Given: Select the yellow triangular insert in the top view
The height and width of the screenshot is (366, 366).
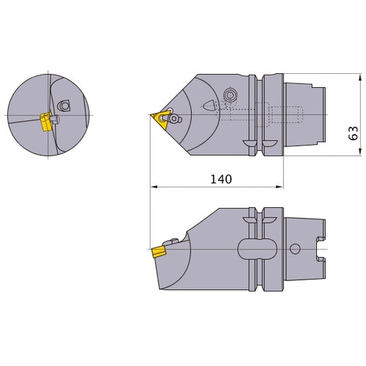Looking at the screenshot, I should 158,116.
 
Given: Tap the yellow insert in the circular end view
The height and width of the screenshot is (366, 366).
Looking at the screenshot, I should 45,122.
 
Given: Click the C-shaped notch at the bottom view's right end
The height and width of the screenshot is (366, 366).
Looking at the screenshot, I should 319,249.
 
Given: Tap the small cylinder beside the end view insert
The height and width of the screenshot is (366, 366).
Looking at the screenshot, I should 54,116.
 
